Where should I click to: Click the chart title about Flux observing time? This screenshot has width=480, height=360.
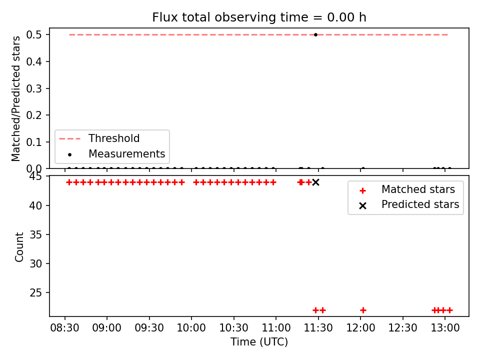(x=259, y=17)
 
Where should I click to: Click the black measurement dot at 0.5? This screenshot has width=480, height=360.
(x=315, y=34)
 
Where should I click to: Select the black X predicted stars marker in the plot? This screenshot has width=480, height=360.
(x=315, y=182)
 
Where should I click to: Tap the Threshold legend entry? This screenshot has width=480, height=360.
(x=99, y=138)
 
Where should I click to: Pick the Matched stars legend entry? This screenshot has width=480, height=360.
(x=407, y=189)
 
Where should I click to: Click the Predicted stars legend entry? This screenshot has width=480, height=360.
(x=409, y=204)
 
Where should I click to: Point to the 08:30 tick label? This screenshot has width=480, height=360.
(x=64, y=328)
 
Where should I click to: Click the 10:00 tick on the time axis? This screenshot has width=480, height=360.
(x=191, y=328)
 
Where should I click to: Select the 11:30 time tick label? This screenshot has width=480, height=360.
(x=318, y=328)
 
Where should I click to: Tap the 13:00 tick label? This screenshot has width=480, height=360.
(x=445, y=328)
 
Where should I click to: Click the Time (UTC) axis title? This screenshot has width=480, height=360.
(x=259, y=341)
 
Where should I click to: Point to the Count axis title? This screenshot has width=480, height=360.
(x=19, y=246)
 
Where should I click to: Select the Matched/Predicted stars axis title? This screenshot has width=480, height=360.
(x=15, y=98)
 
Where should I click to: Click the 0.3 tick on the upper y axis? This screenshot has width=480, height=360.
(x=33, y=88)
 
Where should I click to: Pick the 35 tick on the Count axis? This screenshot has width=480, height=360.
(x=35, y=234)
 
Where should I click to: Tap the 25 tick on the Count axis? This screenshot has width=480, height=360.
(x=35, y=292)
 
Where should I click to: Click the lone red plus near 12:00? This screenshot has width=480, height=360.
(x=363, y=310)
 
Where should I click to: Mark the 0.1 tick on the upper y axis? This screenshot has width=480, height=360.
(x=33, y=142)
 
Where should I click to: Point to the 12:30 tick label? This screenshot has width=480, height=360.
(x=403, y=328)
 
